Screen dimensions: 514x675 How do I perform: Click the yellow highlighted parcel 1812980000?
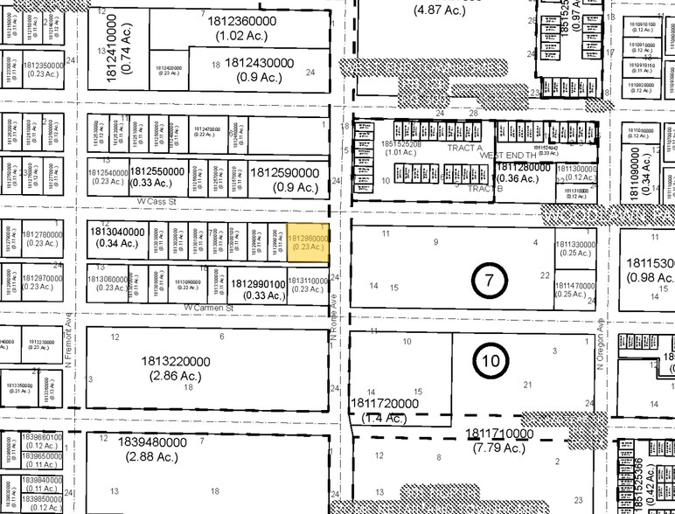[309, 242]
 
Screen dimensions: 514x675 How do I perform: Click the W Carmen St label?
[210, 309]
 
